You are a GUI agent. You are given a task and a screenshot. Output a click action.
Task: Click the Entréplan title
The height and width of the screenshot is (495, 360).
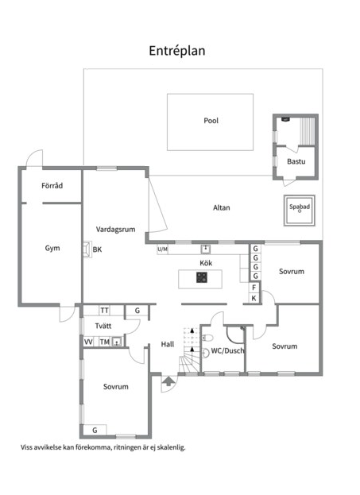(x=177, y=51)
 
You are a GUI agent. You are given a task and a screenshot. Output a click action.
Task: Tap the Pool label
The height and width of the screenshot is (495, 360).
(x=211, y=121)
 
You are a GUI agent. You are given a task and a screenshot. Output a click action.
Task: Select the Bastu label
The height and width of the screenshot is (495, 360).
(x=296, y=161)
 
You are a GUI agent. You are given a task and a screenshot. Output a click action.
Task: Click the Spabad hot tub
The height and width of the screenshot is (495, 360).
(x=300, y=211)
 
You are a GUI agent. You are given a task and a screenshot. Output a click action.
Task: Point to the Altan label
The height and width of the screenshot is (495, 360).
(x=222, y=207)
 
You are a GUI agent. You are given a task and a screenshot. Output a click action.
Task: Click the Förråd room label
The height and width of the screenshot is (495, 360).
(x=52, y=185)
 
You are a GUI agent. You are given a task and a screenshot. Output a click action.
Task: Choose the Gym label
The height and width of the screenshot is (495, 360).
(x=52, y=249)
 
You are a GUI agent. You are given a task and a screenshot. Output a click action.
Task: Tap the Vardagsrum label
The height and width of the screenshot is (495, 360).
(x=115, y=230)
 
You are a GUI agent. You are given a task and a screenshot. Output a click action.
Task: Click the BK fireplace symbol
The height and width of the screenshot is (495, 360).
(x=87, y=249)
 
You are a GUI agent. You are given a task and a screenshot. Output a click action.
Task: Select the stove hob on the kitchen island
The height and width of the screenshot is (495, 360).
(x=202, y=277)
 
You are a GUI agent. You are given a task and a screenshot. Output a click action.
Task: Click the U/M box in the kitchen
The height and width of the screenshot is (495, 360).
(x=162, y=249)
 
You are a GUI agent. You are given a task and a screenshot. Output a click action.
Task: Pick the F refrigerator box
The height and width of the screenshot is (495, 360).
(x=254, y=288)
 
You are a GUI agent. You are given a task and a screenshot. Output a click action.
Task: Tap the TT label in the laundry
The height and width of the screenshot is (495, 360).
(x=105, y=311)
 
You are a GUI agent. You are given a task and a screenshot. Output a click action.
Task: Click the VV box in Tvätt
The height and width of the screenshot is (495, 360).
(x=88, y=342)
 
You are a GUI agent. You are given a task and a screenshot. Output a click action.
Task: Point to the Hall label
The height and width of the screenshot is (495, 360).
(x=168, y=344)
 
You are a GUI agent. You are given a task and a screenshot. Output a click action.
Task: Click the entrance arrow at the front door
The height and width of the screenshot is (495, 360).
(x=168, y=381)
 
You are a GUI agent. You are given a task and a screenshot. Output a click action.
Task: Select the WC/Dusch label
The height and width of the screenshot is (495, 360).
(x=227, y=350)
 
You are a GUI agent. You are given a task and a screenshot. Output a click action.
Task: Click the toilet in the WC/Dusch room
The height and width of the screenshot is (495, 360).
(x=207, y=338)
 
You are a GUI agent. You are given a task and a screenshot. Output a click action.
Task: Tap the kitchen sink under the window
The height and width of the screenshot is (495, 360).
(x=206, y=249)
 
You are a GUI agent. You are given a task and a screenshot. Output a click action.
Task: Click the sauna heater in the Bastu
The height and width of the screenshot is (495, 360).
(x=285, y=119)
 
